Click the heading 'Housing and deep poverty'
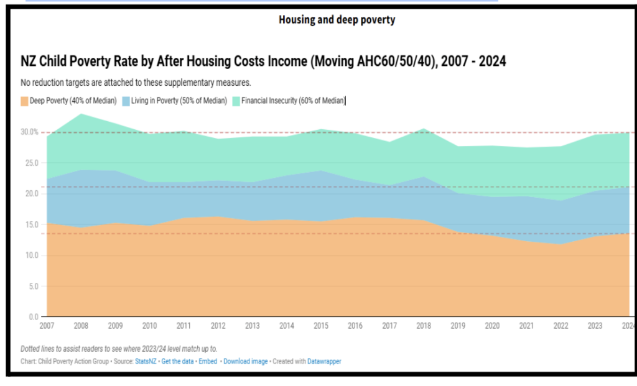point(337,20)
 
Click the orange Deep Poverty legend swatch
point(24,101)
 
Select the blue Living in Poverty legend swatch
point(126,101)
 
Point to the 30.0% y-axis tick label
point(29,132)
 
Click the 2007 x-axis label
point(47,326)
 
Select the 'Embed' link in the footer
point(208,361)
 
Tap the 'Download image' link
point(245,361)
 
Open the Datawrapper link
point(324,361)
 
